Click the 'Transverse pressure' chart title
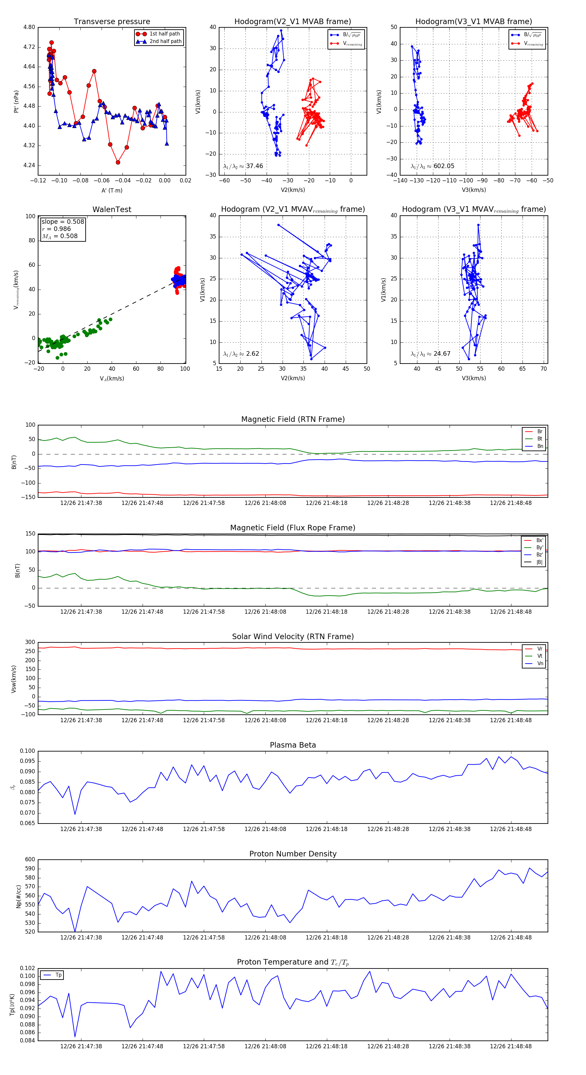[112, 22]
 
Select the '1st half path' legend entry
[164, 34]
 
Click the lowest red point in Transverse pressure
[118, 162]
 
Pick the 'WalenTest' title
[112, 209]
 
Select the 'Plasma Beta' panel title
[293, 745]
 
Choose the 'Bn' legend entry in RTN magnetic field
[540, 446]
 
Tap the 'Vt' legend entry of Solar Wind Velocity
[540, 656]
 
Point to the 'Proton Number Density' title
[293, 853]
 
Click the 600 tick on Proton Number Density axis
[30, 859]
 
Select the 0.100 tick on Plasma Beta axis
[28, 751]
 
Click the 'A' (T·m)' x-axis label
[112, 190]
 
